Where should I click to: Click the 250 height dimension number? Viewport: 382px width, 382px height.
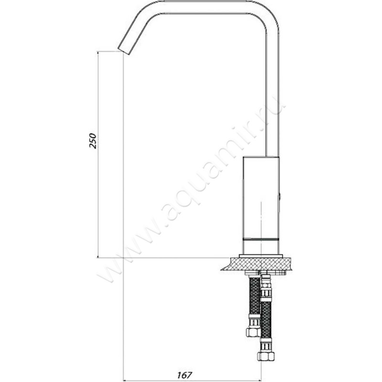point(93,140)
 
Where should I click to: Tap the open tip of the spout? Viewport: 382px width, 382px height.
point(124,51)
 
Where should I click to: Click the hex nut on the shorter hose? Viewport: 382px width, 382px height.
point(252,332)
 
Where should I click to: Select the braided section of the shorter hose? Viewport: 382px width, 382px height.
point(255,296)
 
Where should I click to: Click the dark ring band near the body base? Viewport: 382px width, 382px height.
point(261,240)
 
